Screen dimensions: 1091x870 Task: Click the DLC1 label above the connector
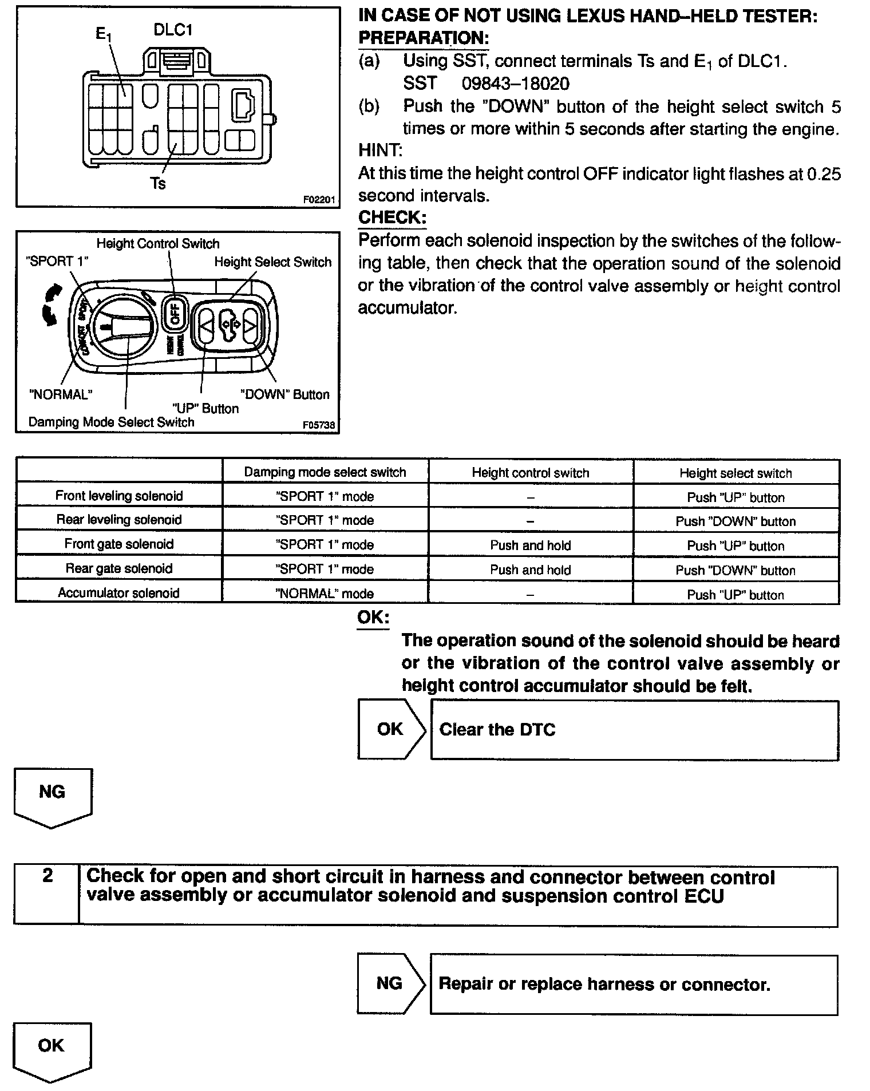click(x=173, y=30)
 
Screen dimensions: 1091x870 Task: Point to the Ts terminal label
click(x=157, y=183)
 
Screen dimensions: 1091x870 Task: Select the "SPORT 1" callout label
click(x=58, y=262)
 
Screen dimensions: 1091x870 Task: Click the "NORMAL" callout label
click(x=61, y=394)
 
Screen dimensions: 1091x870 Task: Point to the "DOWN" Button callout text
click(x=284, y=394)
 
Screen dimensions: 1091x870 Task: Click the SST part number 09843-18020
click(x=515, y=84)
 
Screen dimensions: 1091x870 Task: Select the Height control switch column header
click(x=530, y=473)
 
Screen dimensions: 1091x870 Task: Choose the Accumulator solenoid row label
click(x=118, y=593)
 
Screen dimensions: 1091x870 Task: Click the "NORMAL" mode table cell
click(x=325, y=594)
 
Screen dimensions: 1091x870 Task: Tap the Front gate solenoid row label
click(x=118, y=544)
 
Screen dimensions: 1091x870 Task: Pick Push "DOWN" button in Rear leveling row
click(x=735, y=521)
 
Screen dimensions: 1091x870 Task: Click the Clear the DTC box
click(x=634, y=730)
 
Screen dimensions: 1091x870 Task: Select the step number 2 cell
click(x=48, y=875)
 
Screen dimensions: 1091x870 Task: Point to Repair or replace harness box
click(x=634, y=985)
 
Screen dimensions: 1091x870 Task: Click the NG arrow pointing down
click(x=52, y=796)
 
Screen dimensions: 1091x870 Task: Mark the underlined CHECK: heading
click(x=392, y=218)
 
